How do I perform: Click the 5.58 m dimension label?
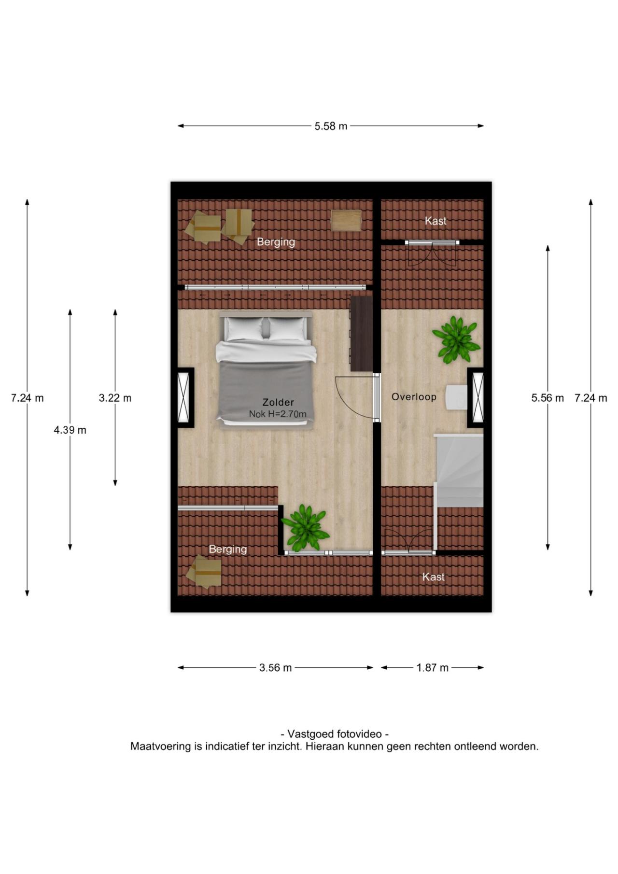pos(331,127)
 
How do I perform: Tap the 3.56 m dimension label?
pos(275,668)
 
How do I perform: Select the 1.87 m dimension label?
pos(433,668)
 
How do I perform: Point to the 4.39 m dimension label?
pos(70,430)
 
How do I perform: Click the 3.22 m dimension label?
pos(115,398)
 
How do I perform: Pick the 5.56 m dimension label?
pos(548,398)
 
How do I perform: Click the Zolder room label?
pos(278,402)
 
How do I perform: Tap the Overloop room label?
pos(414,397)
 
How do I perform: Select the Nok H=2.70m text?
pos(278,414)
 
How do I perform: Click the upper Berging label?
pos(276,242)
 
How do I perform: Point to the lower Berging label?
pos(227,549)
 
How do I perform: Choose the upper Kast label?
pos(435,221)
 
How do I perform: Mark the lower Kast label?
pos(433,577)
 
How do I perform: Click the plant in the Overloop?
pos(456,339)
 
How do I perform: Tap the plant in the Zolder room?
pos(305,528)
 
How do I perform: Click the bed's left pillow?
pos(245,328)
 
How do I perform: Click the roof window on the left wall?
pos(184,398)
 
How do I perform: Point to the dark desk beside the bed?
pos(362,334)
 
